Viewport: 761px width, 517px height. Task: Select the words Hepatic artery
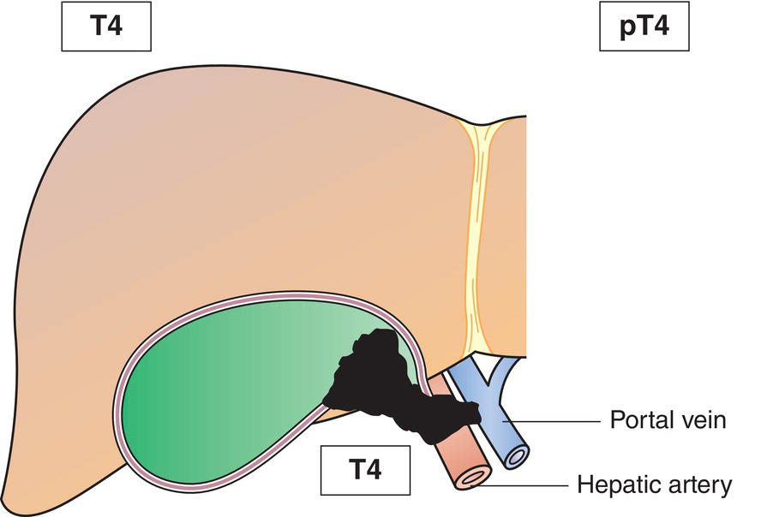click(x=655, y=486)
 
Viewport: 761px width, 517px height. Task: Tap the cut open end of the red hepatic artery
click(x=474, y=476)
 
